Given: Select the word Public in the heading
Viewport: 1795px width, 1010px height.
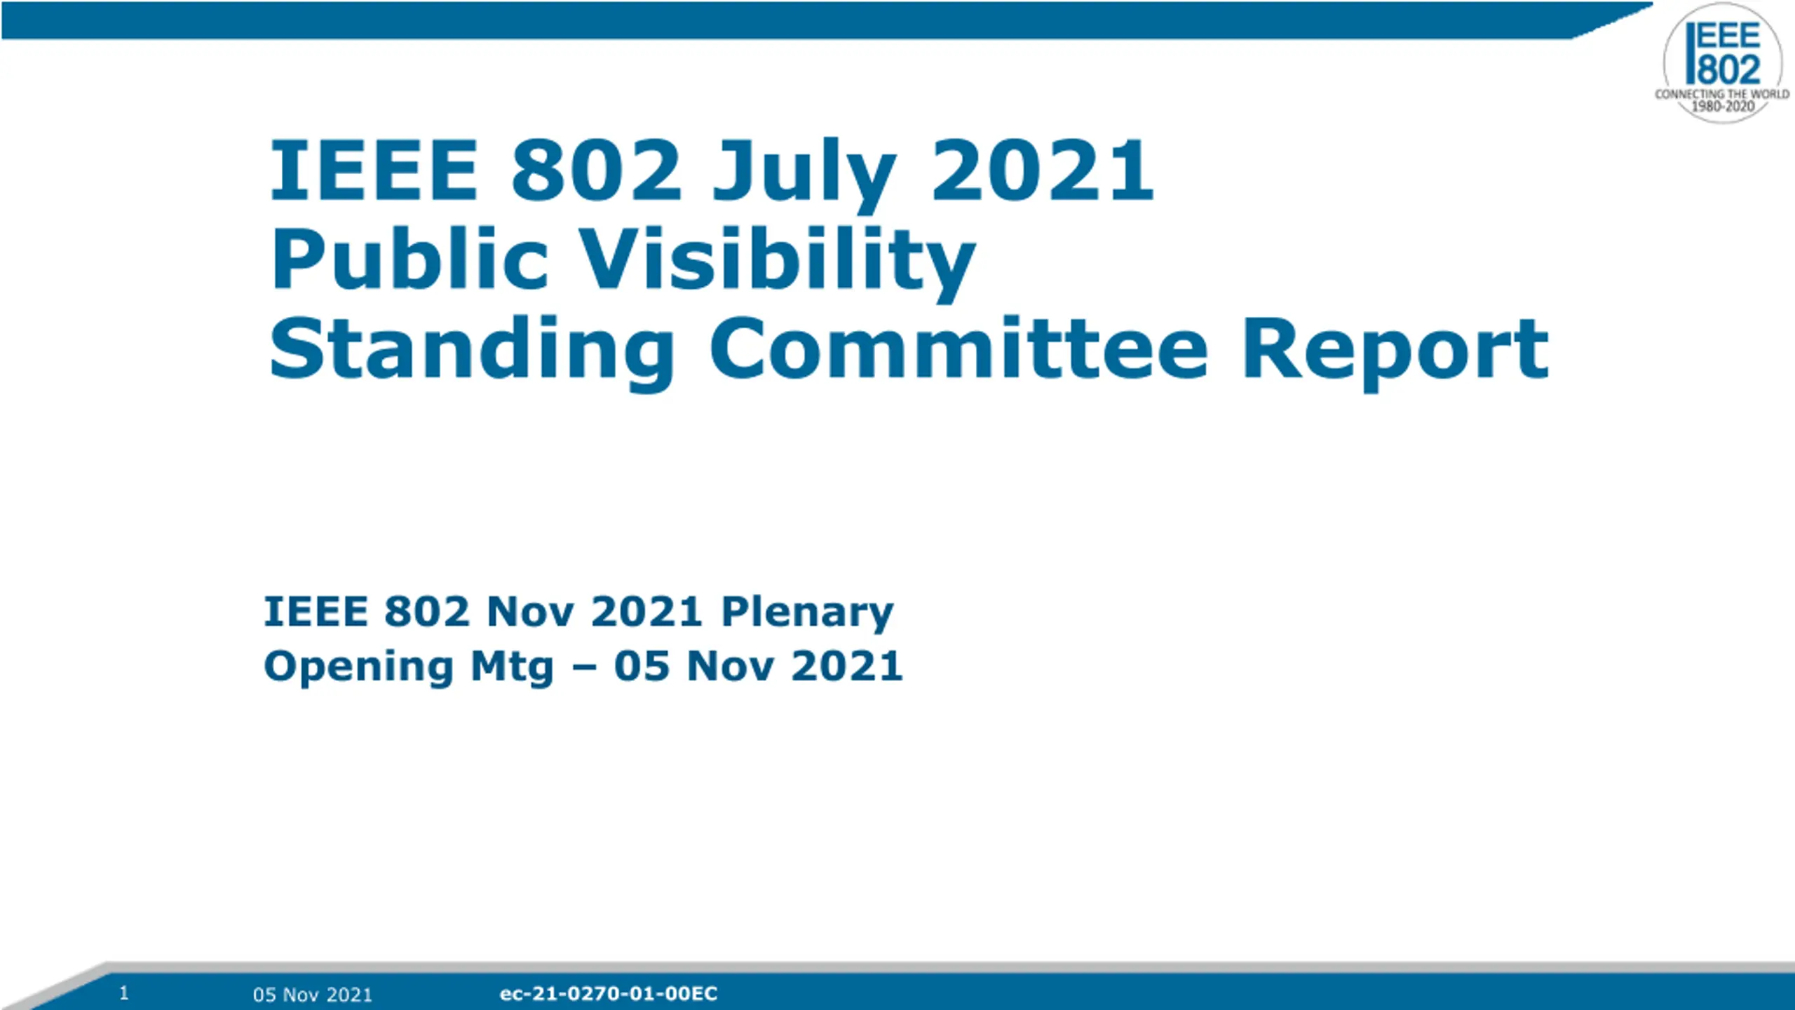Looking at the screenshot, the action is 409,260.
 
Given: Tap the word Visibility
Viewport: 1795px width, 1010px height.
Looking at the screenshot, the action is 778,264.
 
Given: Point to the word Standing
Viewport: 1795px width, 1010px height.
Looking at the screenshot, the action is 472,351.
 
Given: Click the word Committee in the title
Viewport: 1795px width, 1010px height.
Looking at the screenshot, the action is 959,348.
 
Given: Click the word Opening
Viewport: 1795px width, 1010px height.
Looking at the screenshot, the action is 359,668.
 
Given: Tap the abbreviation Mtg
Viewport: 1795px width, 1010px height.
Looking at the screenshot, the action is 513,668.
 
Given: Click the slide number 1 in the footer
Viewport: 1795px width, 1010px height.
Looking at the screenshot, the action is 124,992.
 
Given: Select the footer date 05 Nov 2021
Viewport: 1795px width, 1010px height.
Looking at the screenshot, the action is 313,995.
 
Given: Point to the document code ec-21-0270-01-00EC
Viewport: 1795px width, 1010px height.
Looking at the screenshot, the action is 609,994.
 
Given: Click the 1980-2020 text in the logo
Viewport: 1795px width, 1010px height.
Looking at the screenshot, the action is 1723,107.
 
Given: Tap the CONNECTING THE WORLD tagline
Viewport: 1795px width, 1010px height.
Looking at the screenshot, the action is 1722,94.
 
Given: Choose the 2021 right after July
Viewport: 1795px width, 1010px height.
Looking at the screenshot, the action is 1042,170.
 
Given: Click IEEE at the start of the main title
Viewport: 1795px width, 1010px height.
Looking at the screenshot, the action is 374,170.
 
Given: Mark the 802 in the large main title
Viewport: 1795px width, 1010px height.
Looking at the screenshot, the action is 596,170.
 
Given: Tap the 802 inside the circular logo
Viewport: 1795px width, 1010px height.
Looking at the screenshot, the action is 1729,70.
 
